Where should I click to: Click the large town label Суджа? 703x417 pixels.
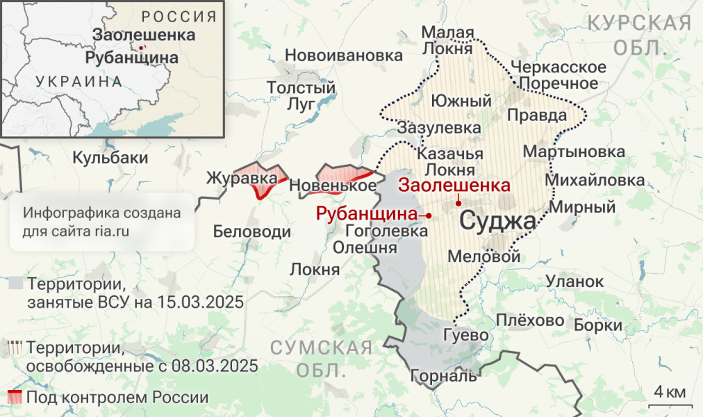[x=497, y=222]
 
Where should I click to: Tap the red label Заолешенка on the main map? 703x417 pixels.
[x=454, y=186]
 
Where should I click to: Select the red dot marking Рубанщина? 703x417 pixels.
[x=429, y=215]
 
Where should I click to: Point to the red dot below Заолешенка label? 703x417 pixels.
[x=458, y=203]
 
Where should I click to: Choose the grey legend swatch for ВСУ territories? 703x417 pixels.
[x=16, y=284]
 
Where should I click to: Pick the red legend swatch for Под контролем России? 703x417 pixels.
[x=15, y=398]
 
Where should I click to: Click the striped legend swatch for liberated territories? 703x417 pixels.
[x=16, y=347]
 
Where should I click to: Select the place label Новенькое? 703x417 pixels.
[x=333, y=186]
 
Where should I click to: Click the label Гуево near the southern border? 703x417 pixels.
[x=466, y=335]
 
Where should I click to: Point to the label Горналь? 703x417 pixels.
[x=444, y=376]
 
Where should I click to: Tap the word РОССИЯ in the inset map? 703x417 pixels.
[x=179, y=17]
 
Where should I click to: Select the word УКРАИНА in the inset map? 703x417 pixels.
[x=78, y=81]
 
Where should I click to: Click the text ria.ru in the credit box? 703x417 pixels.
[x=112, y=229]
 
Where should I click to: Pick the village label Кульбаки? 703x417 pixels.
[x=110, y=158]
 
